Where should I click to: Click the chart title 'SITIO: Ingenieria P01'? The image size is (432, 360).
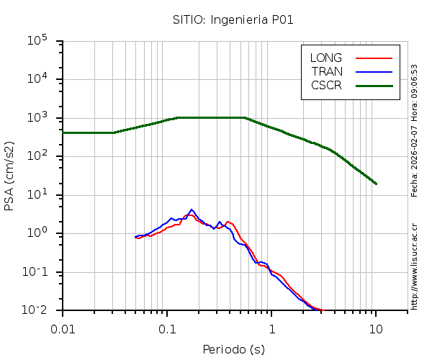coord(233,19)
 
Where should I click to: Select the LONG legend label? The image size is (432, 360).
coord(326,58)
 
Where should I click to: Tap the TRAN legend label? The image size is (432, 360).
coord(327,71)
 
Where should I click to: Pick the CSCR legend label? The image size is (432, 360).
coord(326,85)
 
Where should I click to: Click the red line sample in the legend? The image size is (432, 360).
coord(374,58)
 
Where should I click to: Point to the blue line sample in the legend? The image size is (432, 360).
coord(374,71)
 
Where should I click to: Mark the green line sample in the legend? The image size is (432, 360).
coord(374,85)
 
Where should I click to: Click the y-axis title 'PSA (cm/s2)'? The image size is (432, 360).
coord(9,176)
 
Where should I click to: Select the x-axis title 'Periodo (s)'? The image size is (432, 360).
coord(233,350)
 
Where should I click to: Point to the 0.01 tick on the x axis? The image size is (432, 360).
coord(63,328)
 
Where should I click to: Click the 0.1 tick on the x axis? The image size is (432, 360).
coord(167,328)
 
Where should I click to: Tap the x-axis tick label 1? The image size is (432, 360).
coord(271,328)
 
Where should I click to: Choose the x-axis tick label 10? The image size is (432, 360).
coord(376,328)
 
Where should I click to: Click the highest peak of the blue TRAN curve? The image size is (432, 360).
coord(192,210)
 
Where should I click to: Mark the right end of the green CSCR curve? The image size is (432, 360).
coord(376,184)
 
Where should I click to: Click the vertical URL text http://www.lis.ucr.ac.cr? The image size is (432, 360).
coord(415,266)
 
